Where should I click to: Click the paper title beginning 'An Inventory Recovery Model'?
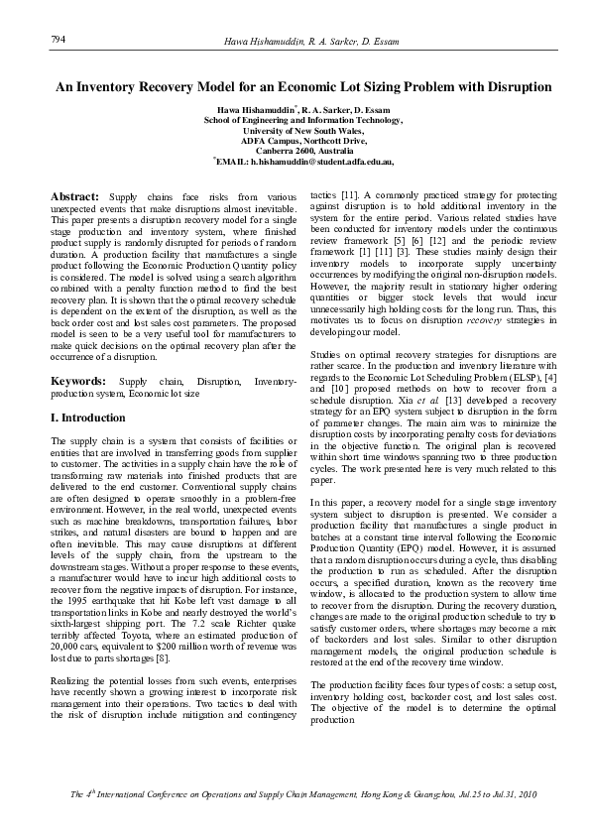coord(302,87)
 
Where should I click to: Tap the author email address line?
coord(302,160)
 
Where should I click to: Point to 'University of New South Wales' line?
coord(302,130)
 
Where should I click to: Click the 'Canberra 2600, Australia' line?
coord(302,150)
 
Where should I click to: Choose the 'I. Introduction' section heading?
coord(88,417)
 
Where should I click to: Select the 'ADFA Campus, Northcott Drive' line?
coord(302,140)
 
